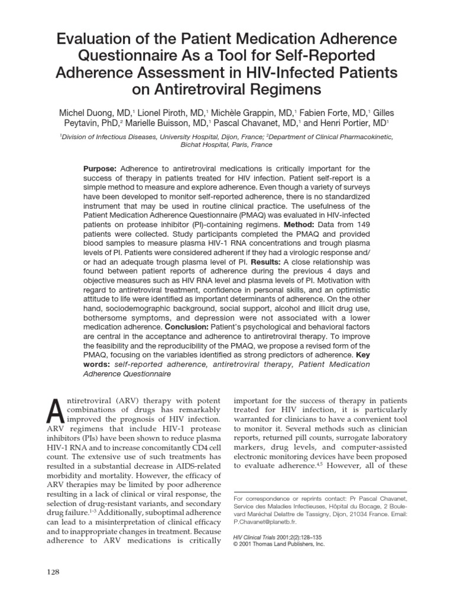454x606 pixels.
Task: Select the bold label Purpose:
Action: pos(102,168)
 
